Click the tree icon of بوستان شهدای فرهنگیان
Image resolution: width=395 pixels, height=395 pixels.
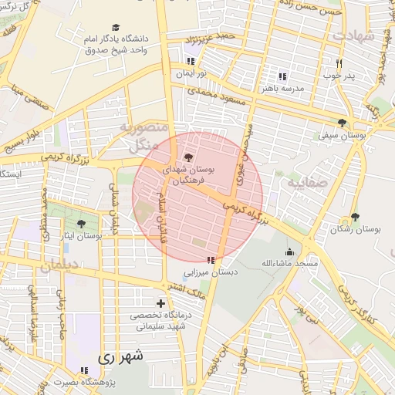pyautogui.click(x=190, y=157)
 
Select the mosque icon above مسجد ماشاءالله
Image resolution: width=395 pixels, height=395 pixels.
pyautogui.click(x=289, y=252)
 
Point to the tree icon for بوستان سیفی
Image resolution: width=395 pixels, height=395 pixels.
pyautogui.click(x=342, y=123)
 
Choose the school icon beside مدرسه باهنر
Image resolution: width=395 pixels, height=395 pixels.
pyautogui.click(x=282, y=76)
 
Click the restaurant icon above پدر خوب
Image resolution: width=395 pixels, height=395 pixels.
pyautogui.click(x=338, y=63)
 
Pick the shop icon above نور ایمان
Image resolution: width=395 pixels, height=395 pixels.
pyautogui.click(x=191, y=62)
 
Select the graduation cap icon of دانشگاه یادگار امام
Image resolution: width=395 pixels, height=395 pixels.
pyautogui.click(x=116, y=26)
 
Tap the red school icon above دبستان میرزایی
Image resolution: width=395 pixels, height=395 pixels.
pyautogui.click(x=211, y=260)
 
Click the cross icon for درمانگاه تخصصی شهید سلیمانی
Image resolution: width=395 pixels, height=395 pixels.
pyautogui.click(x=160, y=303)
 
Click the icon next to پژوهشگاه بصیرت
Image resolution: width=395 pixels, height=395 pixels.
pyautogui.click(x=85, y=370)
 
